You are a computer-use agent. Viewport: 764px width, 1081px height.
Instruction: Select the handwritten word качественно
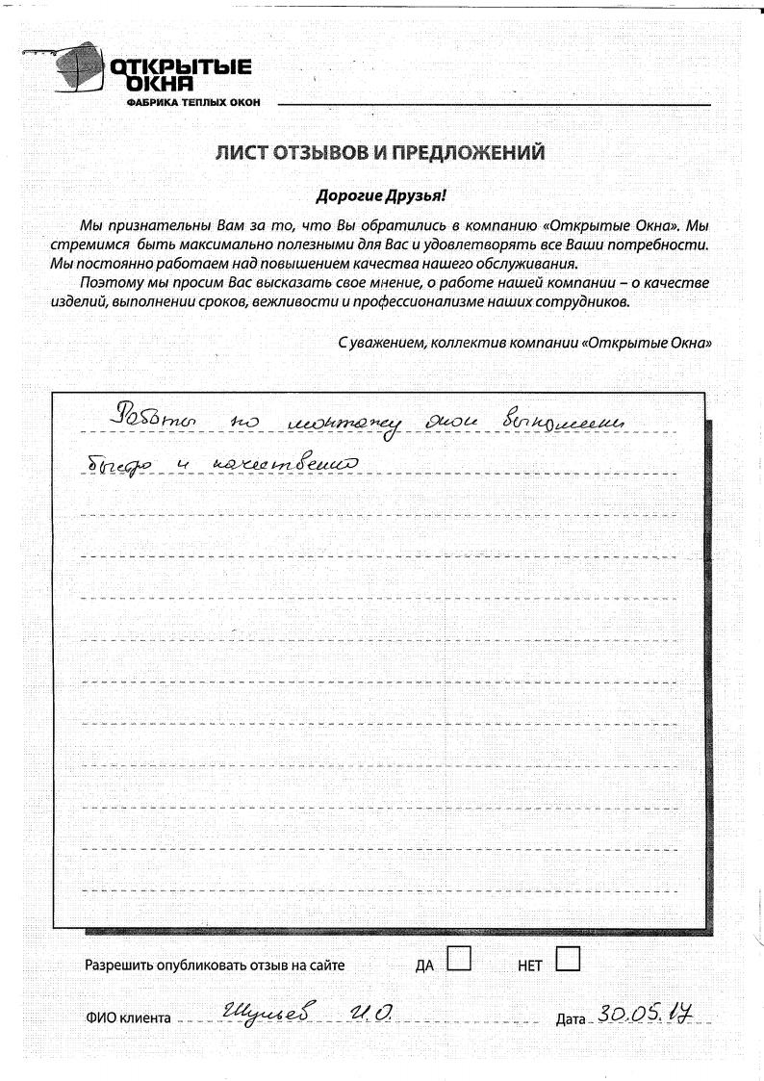coord(290,468)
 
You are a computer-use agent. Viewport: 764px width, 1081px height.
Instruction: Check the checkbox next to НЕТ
coord(568,958)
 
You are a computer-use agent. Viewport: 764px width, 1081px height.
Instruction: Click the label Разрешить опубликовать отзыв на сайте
coord(215,965)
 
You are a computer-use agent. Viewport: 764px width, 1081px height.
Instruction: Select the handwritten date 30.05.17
coord(646,1011)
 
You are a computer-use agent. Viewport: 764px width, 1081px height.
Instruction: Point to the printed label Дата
coord(571,1017)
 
